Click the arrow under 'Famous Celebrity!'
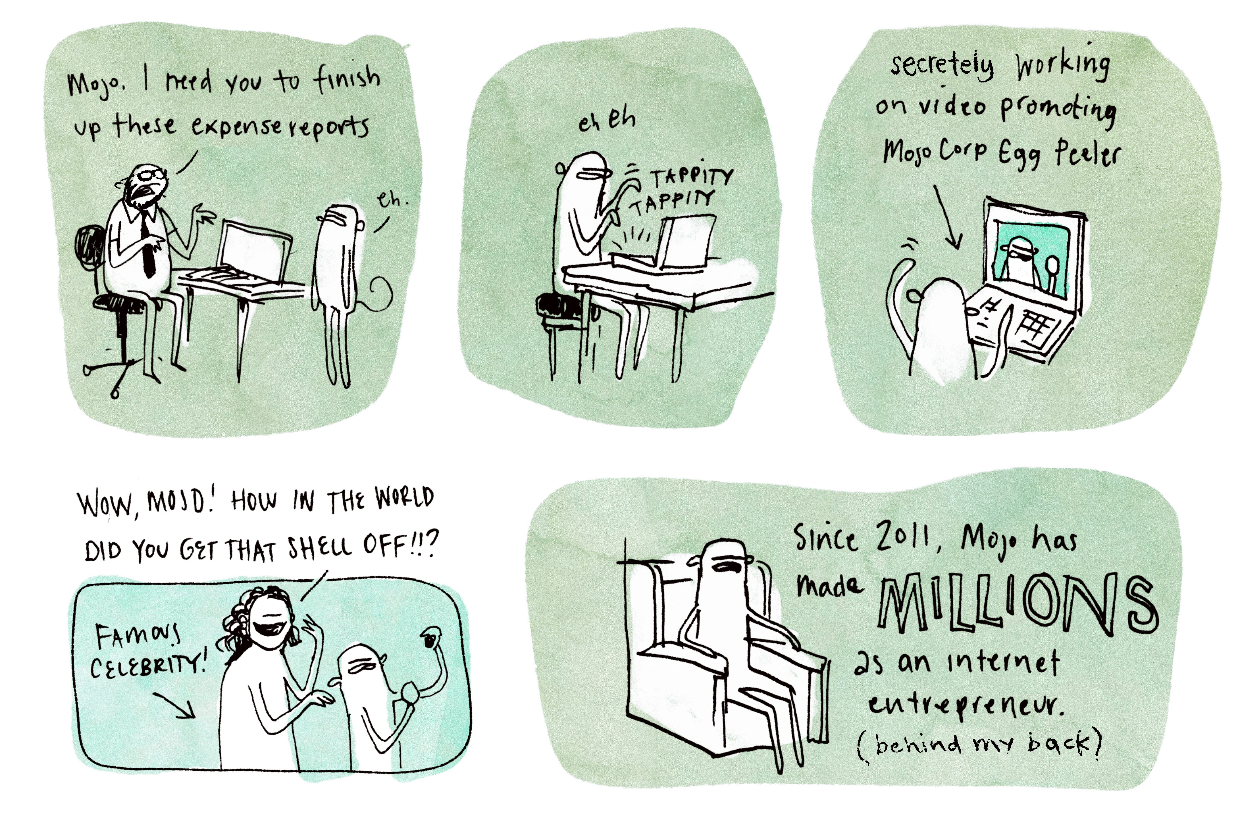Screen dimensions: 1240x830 point(175,704)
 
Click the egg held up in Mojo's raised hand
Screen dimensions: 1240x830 point(431,638)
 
